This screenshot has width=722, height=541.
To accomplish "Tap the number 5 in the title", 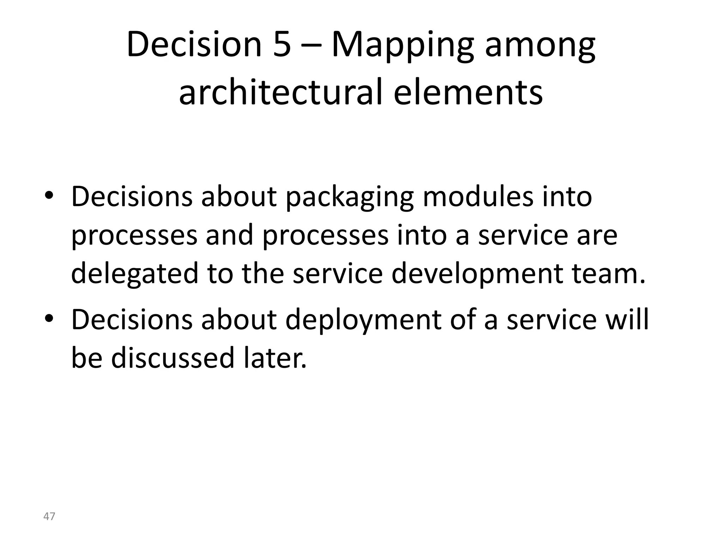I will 282,45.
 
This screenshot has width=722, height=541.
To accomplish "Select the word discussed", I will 173,358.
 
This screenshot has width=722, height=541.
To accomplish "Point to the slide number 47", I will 49,516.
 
